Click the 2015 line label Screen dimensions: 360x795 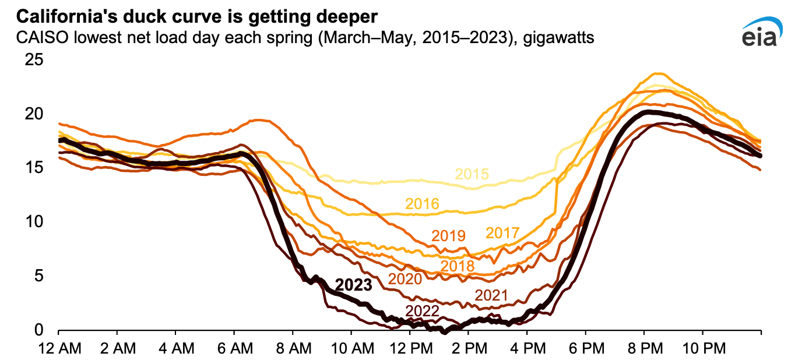click(472, 174)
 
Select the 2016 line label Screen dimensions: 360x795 click(423, 204)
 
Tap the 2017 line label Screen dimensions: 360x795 click(502, 234)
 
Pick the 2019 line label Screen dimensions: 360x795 click(448, 236)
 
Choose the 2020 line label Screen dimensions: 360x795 click(404, 279)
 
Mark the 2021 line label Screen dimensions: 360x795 click(491, 295)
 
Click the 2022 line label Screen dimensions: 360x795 click(422, 311)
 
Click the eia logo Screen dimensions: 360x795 click(761, 34)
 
